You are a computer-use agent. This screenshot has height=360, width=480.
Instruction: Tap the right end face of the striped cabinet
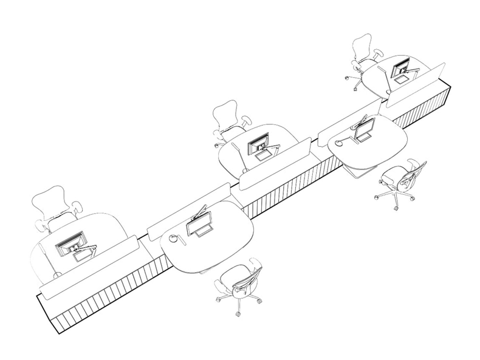click(x=450, y=101)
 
